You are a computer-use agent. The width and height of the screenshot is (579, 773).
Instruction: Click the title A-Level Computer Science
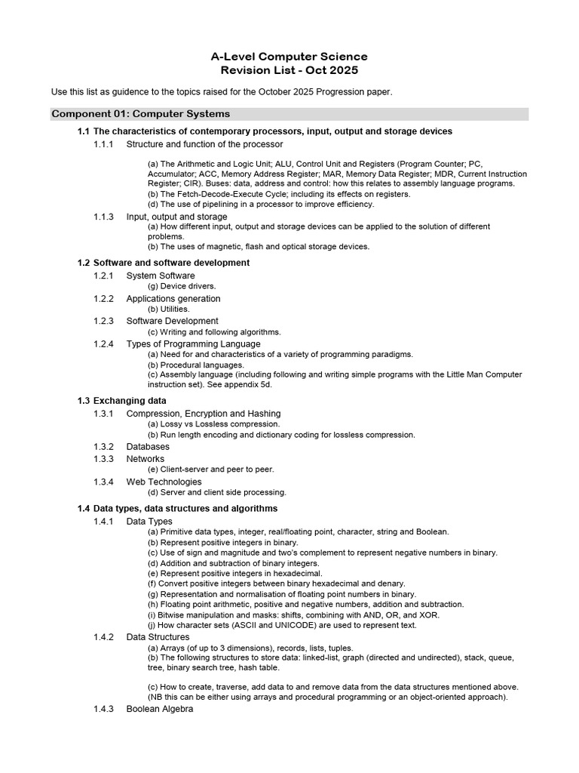coord(289,57)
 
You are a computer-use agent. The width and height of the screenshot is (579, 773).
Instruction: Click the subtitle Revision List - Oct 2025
coord(289,70)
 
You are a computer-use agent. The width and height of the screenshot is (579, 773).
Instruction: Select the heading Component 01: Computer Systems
coord(140,114)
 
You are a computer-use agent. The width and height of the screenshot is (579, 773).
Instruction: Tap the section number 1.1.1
coord(103,143)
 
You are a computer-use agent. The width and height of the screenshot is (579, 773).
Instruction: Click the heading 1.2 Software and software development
coord(164,263)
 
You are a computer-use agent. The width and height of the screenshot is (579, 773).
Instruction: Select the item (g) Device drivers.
coord(182,286)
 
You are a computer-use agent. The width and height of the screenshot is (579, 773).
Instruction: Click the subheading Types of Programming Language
coord(193,344)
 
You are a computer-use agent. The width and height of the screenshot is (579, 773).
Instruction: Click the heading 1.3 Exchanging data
coord(122,400)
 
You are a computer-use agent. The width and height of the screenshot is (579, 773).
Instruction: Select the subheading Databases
coord(148,447)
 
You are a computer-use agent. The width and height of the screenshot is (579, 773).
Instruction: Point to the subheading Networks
coord(145,459)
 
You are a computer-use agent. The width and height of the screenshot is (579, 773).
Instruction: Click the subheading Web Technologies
coord(164,482)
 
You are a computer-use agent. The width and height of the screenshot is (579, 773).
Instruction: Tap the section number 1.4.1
coord(103,522)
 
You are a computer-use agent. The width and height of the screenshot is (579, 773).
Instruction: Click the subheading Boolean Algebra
coord(160,710)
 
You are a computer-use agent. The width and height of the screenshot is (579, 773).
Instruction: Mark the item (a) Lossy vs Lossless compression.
coord(213,424)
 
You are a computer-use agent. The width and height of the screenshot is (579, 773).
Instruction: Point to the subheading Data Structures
coord(158,637)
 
